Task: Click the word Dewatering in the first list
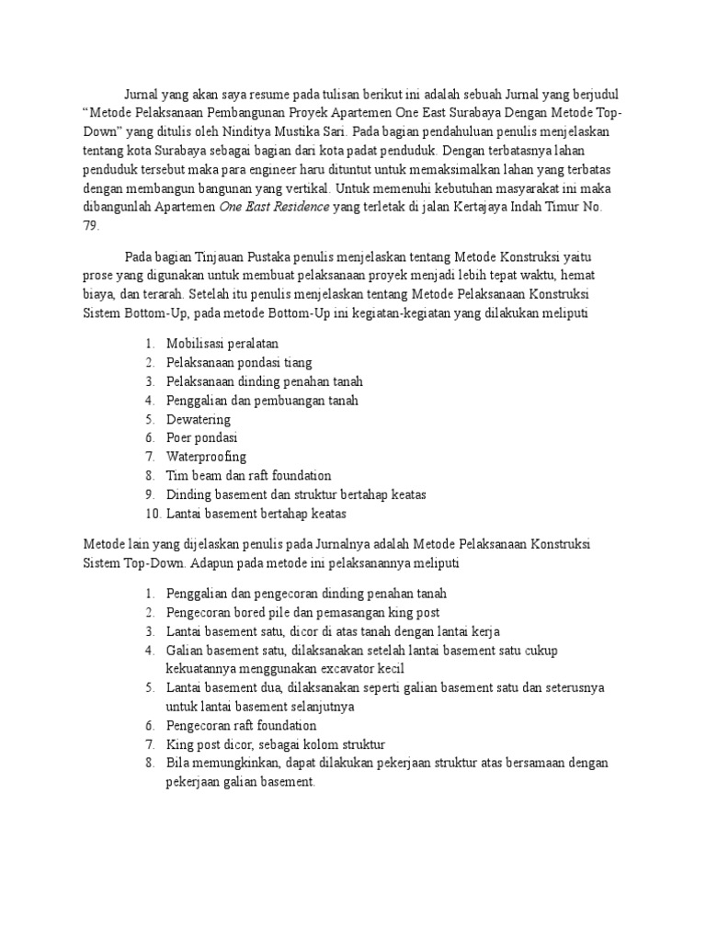pos(199,419)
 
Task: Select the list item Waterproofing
pos(206,457)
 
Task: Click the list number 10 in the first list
pos(153,514)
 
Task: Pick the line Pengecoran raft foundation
pos(241,725)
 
